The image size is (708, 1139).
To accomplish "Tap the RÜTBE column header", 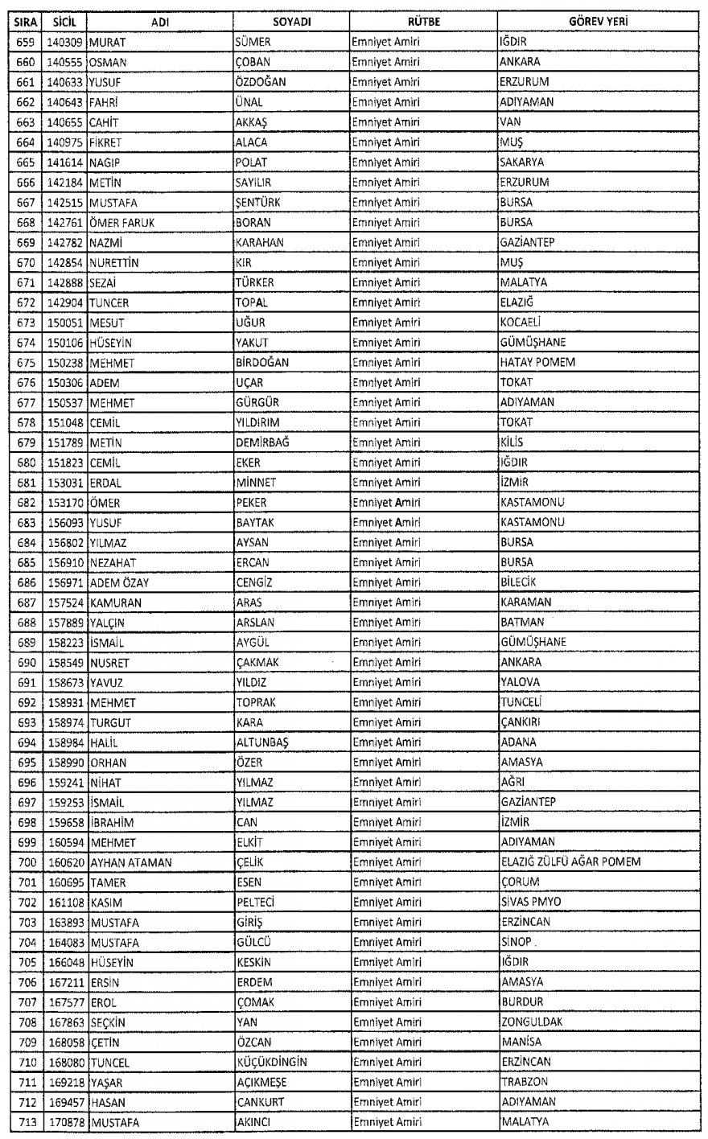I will [423, 23].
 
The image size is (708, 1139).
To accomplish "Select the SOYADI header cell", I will [291, 23].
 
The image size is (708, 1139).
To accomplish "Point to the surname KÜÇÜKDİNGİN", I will [271, 1062].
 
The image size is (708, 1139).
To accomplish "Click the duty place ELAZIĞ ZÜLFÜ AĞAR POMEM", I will [570, 862].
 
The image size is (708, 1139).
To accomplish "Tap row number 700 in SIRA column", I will [25, 862].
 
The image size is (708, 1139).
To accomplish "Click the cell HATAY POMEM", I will [537, 363].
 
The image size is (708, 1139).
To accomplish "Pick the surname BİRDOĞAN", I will [262, 363].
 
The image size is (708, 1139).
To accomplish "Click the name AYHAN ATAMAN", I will [131, 862].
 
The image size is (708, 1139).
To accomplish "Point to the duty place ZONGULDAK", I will [531, 1022].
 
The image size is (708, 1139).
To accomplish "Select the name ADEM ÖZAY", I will [119, 582].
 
